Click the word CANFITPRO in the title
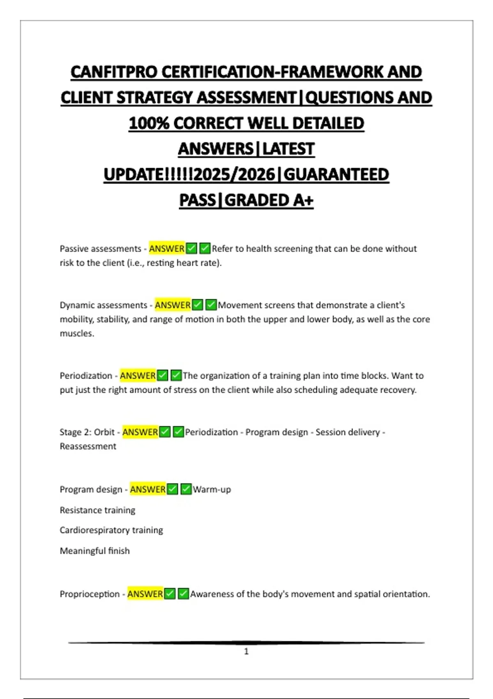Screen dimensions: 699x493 (x=114, y=72)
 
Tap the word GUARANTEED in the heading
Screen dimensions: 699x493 (x=336, y=175)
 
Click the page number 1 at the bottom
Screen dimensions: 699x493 (x=246, y=651)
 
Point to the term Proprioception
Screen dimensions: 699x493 (x=90, y=594)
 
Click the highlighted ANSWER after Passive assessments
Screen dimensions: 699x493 (x=167, y=249)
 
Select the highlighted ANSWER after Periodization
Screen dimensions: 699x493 (x=138, y=376)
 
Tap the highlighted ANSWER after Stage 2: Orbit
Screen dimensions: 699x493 (x=140, y=432)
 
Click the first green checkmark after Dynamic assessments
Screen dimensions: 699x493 (x=198, y=305)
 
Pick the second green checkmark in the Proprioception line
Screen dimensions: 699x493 (x=184, y=594)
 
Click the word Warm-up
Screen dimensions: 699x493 (x=212, y=489)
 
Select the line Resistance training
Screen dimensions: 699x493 (x=97, y=510)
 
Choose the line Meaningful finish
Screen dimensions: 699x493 (x=94, y=551)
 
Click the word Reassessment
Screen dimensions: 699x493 (x=88, y=447)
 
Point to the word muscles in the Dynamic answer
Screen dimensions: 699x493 (x=76, y=333)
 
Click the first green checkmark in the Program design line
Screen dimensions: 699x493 (x=173, y=489)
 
